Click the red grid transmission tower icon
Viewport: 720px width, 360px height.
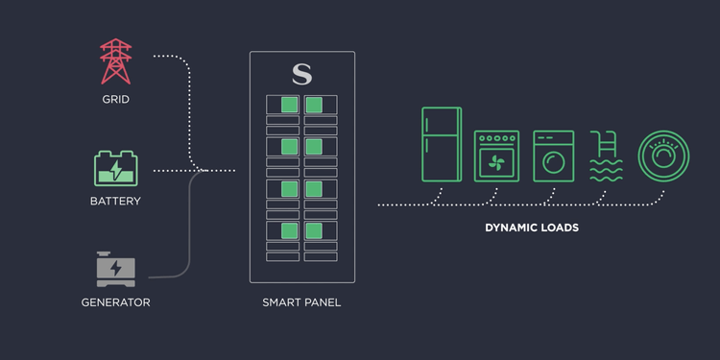tap(116, 61)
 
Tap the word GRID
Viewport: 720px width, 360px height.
tap(116, 100)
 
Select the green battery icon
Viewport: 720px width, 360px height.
tap(116, 169)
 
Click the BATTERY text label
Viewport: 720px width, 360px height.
tap(116, 202)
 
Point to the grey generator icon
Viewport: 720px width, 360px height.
tap(116, 269)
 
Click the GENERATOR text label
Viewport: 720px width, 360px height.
tap(116, 303)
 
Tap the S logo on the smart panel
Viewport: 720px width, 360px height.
tap(301, 74)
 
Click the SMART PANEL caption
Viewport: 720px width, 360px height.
tap(301, 303)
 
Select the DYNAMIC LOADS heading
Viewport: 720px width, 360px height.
tap(532, 228)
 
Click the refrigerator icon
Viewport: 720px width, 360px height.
tap(442, 144)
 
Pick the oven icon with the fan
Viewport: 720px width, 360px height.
tap(496, 156)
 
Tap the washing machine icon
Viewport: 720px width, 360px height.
tap(553, 156)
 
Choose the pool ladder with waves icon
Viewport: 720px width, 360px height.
tap(607, 156)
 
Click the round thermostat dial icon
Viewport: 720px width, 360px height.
tap(664, 156)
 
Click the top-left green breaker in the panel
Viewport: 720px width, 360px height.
tap(289, 105)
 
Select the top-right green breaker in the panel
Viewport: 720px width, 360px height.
tap(314, 105)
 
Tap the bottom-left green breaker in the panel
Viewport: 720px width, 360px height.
tap(289, 230)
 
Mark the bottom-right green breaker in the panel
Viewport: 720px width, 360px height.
tap(314, 230)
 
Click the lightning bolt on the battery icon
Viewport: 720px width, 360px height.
tap(116, 172)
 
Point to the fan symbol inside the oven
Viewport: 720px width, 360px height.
tap(496, 162)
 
